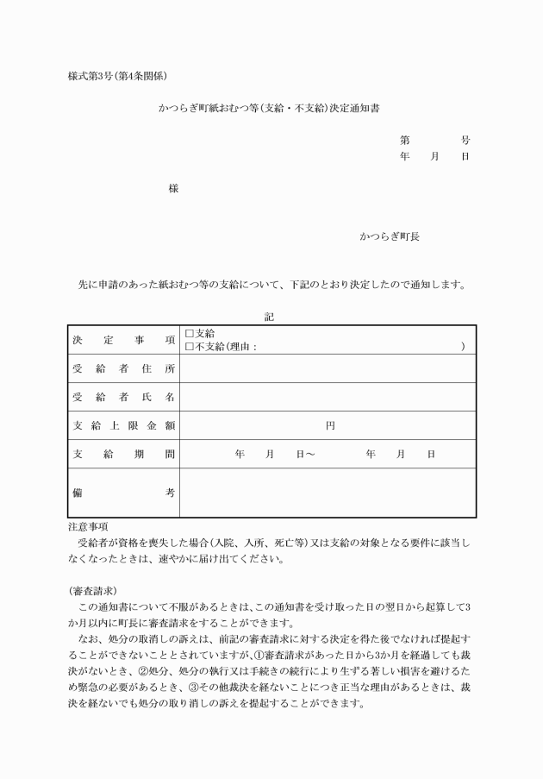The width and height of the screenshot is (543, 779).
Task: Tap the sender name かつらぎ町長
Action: pos(389,236)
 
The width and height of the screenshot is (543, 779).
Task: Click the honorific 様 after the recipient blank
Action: pos(173,189)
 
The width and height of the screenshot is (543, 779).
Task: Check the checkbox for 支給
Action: pos(190,334)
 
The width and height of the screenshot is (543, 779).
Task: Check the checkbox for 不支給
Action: pos(190,346)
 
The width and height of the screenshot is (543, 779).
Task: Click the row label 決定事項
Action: pos(123,340)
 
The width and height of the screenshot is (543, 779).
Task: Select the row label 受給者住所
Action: pos(123,368)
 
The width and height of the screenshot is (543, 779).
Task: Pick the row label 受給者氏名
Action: pos(123,397)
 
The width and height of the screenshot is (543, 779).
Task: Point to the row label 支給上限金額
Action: pos(123,425)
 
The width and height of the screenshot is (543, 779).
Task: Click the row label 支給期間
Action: pos(123,454)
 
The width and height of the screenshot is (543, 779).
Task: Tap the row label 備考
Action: pos(123,493)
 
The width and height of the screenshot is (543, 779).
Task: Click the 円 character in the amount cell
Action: pos(330,425)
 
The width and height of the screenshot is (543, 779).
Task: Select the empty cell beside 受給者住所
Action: pos(328,368)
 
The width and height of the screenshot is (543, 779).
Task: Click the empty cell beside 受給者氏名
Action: pos(328,397)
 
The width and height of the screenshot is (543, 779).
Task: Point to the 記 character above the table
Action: pos(270,317)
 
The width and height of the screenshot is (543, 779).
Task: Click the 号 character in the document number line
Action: pos(465,140)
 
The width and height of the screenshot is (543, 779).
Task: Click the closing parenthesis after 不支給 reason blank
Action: pos(463,346)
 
